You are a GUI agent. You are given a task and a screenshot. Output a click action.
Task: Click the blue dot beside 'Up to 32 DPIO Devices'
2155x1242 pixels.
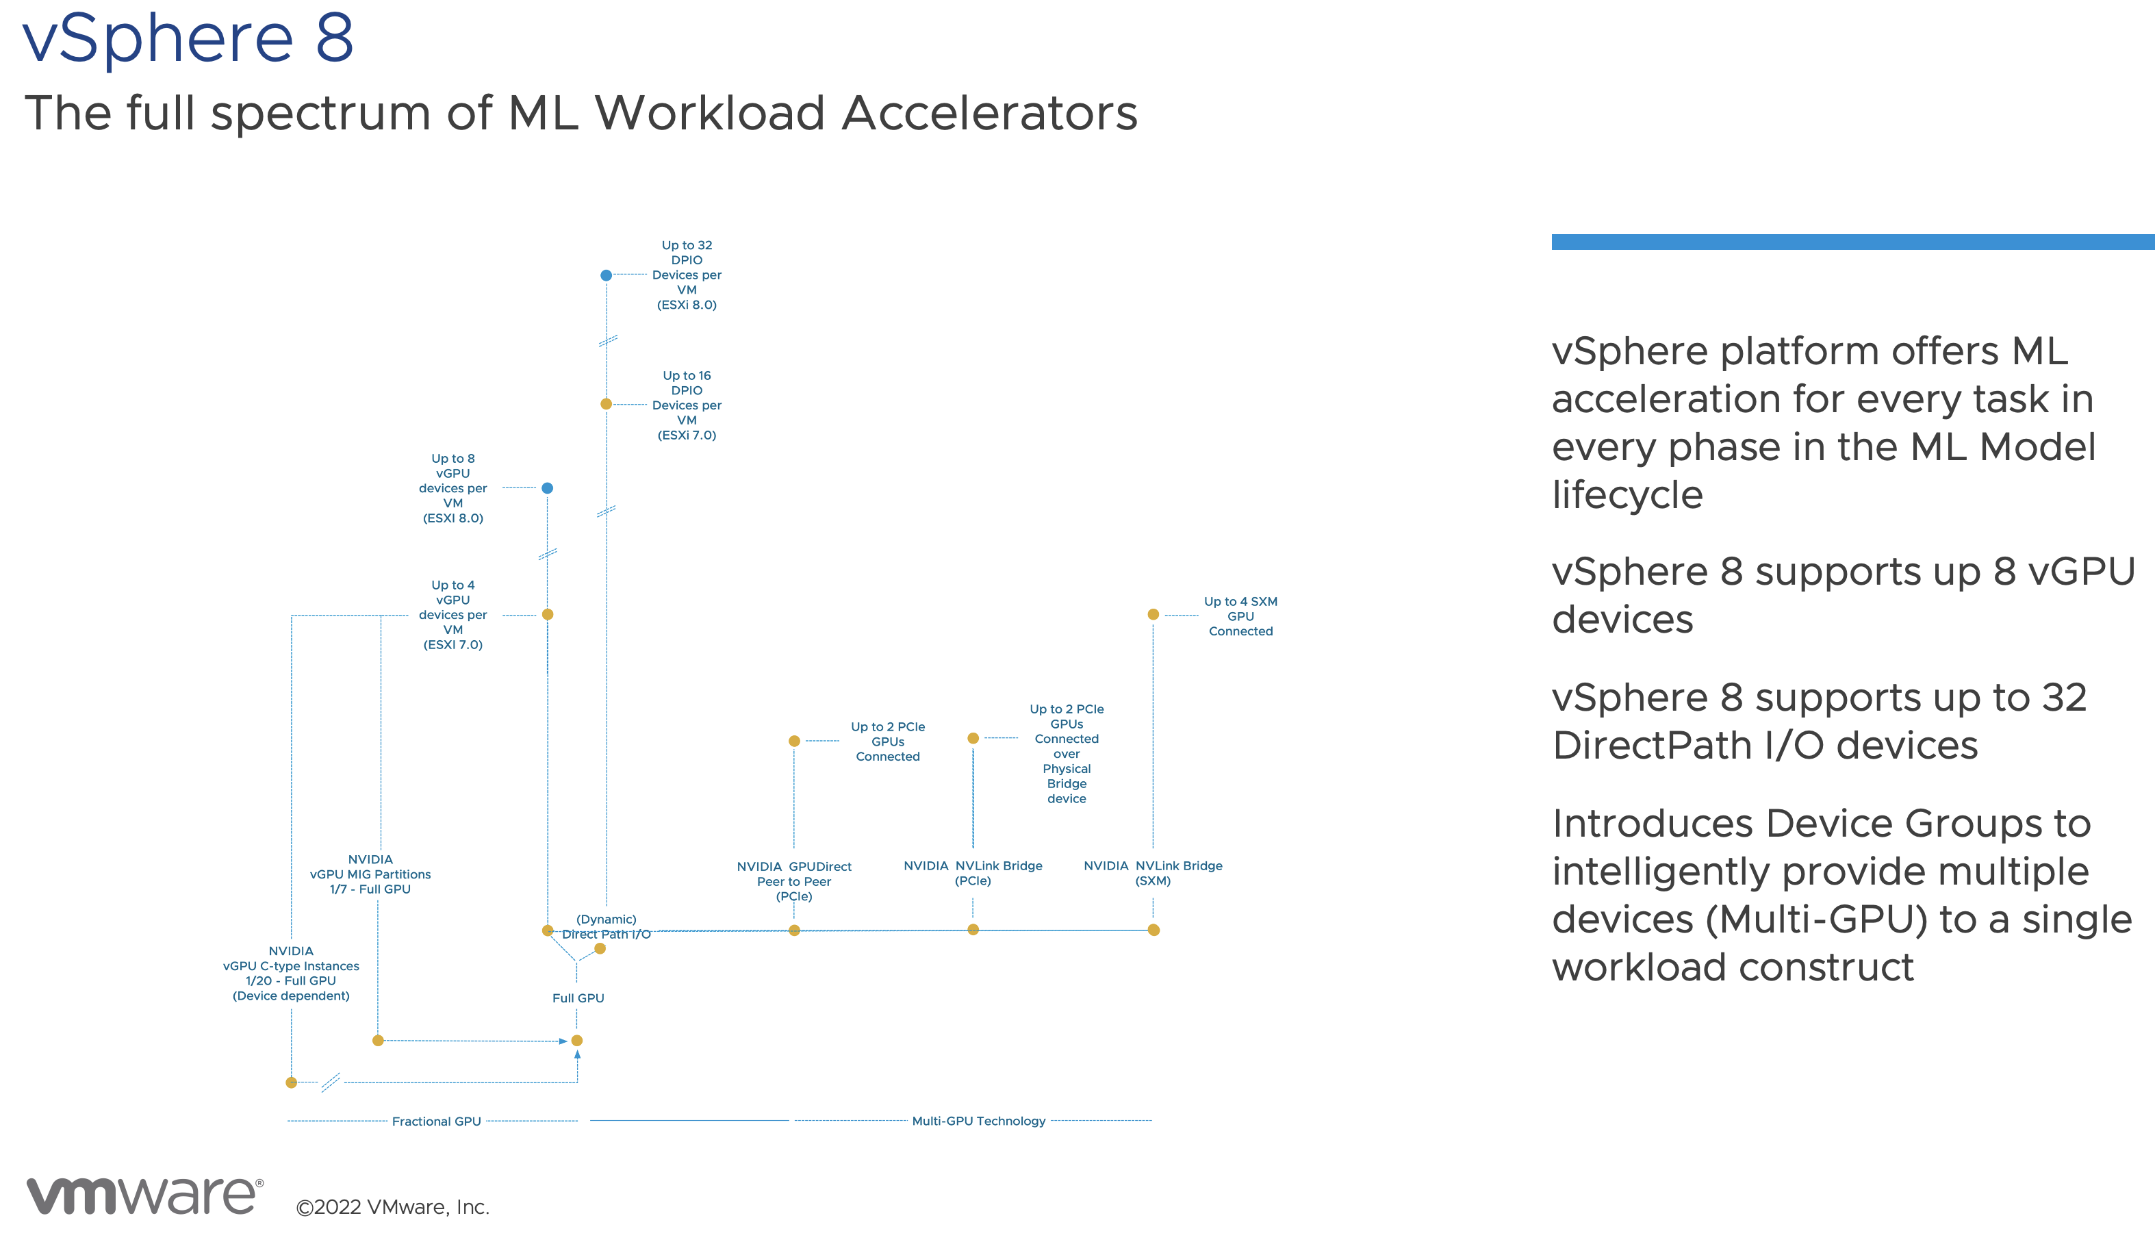tap(605, 275)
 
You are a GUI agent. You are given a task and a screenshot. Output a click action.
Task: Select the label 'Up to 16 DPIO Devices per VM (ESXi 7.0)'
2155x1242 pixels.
tap(687, 405)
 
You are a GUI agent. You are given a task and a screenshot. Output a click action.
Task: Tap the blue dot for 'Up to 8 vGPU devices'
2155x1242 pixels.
tap(548, 488)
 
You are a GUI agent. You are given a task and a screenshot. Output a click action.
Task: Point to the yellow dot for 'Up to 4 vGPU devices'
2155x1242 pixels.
tap(548, 614)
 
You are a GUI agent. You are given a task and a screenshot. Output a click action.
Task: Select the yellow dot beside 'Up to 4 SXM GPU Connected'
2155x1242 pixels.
tap(1153, 614)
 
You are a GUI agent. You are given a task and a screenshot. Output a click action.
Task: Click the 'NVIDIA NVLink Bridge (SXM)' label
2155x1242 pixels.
tap(1153, 873)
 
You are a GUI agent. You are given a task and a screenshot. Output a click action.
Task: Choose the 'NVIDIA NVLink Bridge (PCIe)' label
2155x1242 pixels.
tap(973, 873)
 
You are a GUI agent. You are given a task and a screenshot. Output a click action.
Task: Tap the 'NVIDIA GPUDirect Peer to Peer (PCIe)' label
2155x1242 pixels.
tap(794, 881)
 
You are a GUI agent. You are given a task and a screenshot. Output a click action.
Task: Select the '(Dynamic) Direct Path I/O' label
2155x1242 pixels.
tap(607, 926)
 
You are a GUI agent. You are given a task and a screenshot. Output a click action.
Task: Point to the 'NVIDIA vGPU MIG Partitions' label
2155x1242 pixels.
tap(370, 874)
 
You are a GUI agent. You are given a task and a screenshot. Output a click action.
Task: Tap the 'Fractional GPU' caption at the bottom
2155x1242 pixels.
tap(436, 1121)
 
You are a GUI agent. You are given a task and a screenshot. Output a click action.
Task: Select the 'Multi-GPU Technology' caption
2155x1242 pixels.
tap(978, 1121)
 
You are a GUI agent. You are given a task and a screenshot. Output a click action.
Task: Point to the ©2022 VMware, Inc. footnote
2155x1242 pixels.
tap(392, 1207)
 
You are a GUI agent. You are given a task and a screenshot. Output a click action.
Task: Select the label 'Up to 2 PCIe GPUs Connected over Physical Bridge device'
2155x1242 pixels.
tap(1066, 753)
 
